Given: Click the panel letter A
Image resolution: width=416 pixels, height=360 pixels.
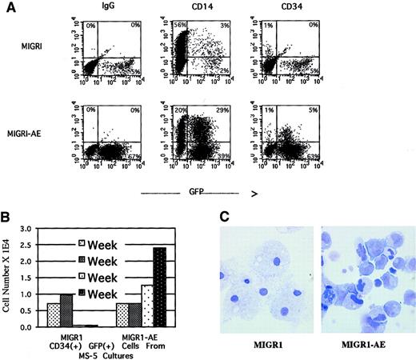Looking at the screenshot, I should (x=10, y=7).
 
